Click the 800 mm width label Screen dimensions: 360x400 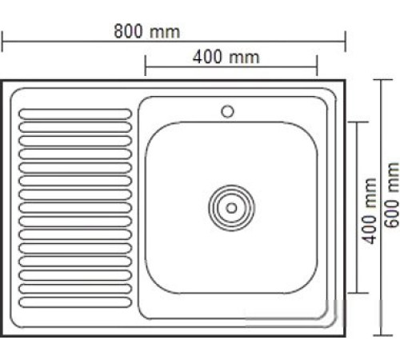(x=146, y=31)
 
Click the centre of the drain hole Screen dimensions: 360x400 (x=231, y=207)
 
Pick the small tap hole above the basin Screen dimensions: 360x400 (x=227, y=110)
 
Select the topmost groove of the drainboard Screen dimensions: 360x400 (x=76, y=114)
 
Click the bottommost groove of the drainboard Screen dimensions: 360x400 (x=76, y=302)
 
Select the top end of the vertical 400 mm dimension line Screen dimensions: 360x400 (x=358, y=122)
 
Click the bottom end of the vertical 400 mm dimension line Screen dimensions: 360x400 (x=358, y=293)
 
